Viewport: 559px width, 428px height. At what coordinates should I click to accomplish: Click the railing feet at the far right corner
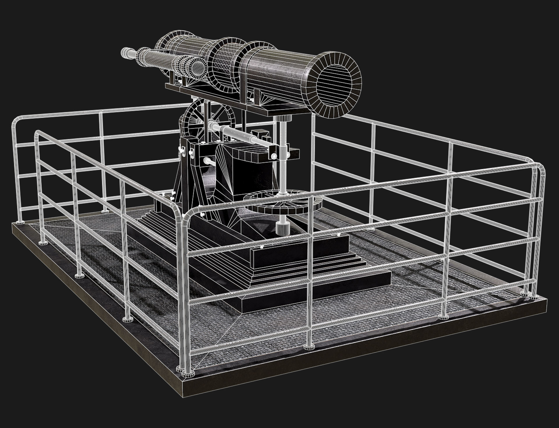528,295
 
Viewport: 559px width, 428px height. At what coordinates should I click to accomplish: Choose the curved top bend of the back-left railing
16,121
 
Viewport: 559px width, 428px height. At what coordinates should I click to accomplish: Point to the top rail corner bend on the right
537,167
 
